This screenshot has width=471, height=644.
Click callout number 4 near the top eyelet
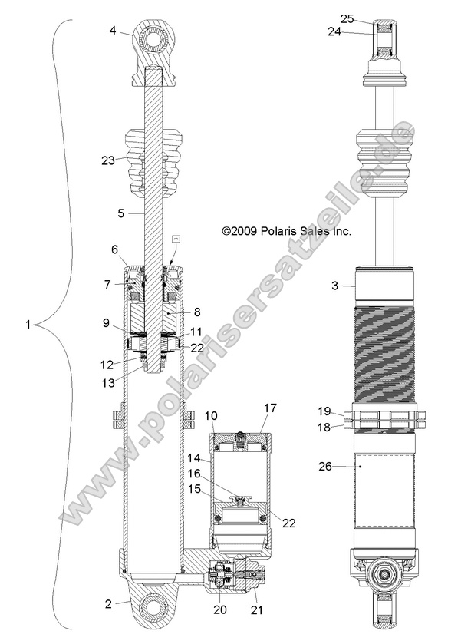pos(113,31)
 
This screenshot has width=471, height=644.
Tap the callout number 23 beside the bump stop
pos(108,160)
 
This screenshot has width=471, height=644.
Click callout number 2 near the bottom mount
pos(110,604)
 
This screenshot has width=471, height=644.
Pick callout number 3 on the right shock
pos(334,286)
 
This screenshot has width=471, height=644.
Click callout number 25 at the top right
pos(347,18)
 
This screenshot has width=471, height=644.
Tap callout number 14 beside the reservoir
pos(193,457)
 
